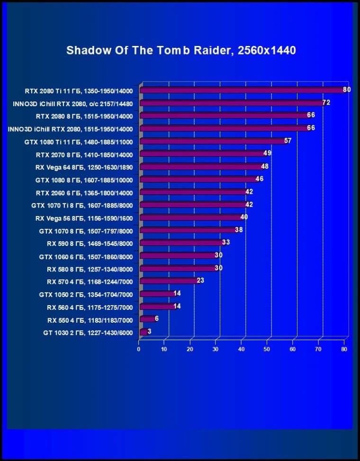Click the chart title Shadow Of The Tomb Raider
pos(181,50)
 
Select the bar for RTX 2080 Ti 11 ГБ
pos(242,90)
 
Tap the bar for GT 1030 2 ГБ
pos(143,332)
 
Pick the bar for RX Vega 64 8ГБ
pos(201,167)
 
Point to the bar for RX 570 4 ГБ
pos(169,281)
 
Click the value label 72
pos(326,102)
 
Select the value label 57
pos(288,141)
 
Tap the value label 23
pos(200,280)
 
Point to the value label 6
pos(157,319)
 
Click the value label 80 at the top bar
pos(347,90)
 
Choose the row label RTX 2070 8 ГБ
pos(84,154)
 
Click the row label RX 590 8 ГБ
pos(90,244)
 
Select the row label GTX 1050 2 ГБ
pos(86,295)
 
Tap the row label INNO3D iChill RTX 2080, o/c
pos(71,103)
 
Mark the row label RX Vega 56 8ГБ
pos(84,218)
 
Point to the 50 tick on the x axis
pos(267,349)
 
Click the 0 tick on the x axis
pos(139,349)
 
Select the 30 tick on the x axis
pos(216,349)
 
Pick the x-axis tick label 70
pos(318,349)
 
